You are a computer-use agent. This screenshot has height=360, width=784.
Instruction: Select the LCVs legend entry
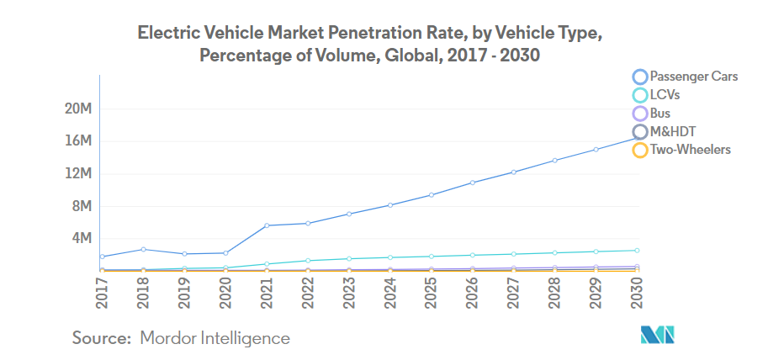665,95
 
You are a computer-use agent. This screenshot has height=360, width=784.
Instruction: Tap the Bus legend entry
660,114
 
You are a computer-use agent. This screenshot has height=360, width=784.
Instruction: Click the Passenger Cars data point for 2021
266,225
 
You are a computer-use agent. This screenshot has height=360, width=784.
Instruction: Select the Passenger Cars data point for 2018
143,249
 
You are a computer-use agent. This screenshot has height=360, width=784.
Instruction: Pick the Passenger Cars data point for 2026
472,183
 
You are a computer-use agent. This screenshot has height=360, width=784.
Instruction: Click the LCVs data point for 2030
636,251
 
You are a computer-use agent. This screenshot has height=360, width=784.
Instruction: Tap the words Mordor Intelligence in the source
215,338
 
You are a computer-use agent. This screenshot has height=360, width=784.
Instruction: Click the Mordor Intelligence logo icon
658,335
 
